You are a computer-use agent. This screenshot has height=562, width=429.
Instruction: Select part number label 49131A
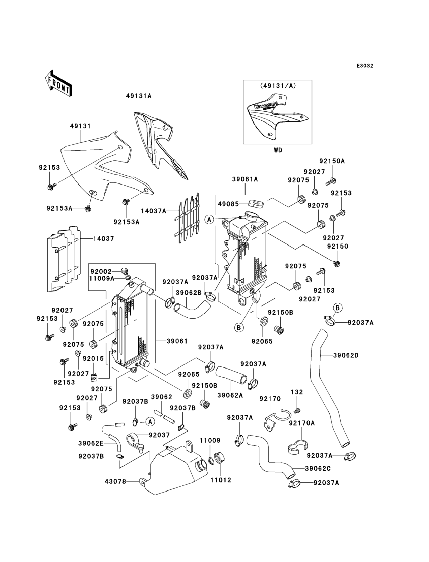coord(139,96)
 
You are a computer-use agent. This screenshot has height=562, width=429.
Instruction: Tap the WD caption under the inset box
coord(278,150)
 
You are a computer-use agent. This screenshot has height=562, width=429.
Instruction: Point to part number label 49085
coord(228,204)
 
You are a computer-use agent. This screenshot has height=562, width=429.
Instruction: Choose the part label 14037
coord(103,239)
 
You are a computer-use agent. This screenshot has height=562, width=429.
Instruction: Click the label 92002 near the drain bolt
coord(101,271)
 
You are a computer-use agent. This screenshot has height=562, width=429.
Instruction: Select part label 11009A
coord(102,278)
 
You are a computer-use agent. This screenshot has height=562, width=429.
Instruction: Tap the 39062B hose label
coord(188,293)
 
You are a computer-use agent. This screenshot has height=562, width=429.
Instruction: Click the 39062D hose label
coord(346,355)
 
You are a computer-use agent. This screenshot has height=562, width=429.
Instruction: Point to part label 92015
coord(93,358)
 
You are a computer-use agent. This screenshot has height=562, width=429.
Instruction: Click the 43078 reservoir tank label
coord(115,482)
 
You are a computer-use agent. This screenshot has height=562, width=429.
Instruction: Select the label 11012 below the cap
coord(221,480)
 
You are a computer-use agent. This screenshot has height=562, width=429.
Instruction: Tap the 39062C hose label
coord(318,468)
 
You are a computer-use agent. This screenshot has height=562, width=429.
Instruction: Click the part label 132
coord(297,392)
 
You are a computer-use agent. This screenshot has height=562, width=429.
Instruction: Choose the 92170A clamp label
coord(302,423)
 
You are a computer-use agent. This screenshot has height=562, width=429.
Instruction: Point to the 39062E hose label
coord(91,443)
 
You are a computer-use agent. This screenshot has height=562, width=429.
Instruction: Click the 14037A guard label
coord(153,211)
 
